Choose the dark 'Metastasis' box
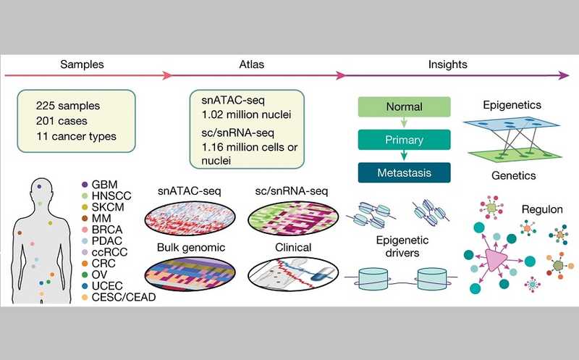404,172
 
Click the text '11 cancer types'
77,135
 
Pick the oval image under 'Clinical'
289,277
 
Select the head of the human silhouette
40,191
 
